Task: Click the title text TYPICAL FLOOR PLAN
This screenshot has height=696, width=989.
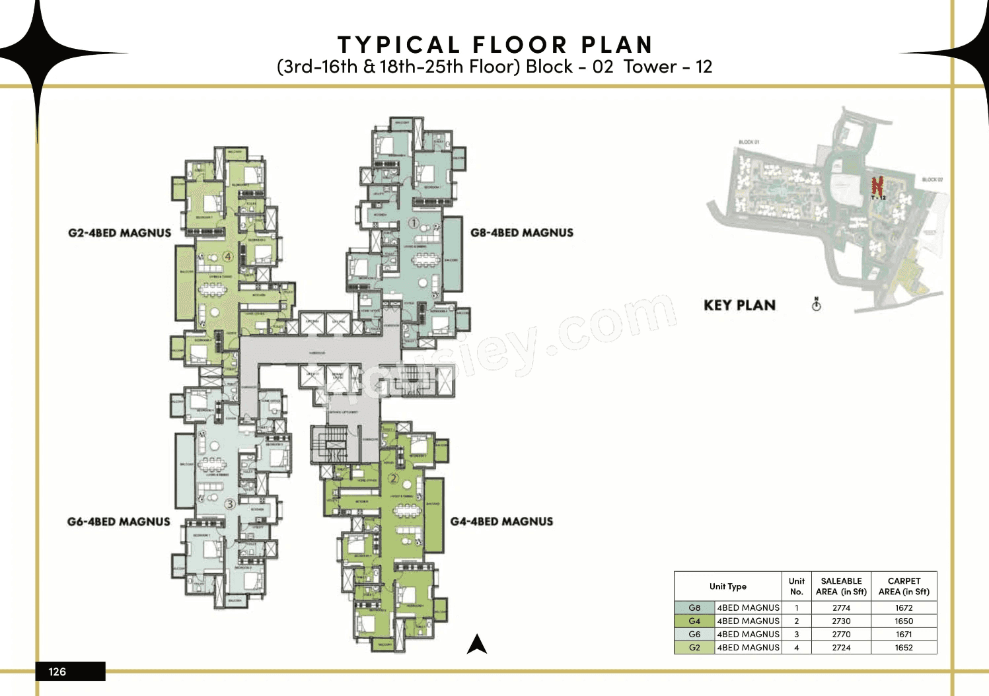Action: [x=495, y=45]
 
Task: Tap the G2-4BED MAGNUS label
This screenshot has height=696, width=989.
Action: [x=120, y=233]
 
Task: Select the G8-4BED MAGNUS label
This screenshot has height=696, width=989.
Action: [x=521, y=233]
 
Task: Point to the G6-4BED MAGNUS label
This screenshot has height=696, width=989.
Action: [x=119, y=522]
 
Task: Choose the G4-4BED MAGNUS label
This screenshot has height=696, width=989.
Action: [x=501, y=522]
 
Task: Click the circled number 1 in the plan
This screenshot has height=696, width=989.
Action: [x=414, y=223]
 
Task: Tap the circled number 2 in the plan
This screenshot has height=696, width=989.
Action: [x=393, y=478]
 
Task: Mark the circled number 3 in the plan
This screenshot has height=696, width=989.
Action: [x=230, y=504]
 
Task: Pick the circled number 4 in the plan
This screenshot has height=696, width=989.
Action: [x=228, y=256]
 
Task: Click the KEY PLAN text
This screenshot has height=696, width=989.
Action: [x=739, y=305]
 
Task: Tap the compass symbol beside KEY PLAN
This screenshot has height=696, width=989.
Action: [x=817, y=304]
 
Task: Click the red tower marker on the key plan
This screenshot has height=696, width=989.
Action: [x=877, y=186]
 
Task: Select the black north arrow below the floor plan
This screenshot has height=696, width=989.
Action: [x=476, y=644]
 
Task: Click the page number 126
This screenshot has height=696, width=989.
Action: [x=57, y=672]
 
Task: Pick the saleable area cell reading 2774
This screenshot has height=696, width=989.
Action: [x=841, y=608]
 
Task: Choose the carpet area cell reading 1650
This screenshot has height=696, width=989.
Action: [x=904, y=621]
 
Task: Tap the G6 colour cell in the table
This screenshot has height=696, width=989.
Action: [x=694, y=634]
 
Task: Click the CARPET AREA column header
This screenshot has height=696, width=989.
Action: [x=904, y=586]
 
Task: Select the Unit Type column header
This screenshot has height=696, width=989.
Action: [x=727, y=586]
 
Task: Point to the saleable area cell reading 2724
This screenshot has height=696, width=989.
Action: [x=841, y=648]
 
